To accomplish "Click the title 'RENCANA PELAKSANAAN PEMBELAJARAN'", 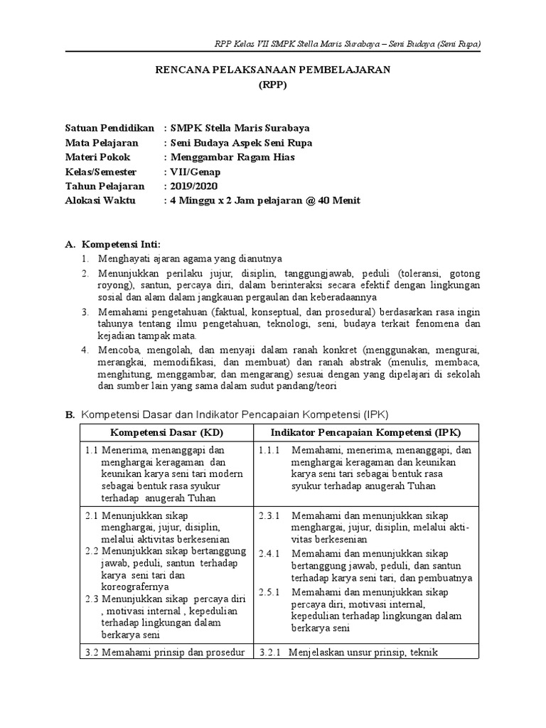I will tap(273, 70).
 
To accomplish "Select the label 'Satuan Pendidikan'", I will tap(109, 129).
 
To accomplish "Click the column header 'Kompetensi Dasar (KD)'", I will tap(165, 432).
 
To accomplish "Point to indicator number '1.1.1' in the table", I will tap(271, 451).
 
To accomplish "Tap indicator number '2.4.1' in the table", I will tap(271, 554).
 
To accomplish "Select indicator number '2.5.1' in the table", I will tap(271, 592).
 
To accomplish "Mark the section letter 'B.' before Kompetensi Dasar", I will tap(70, 414).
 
